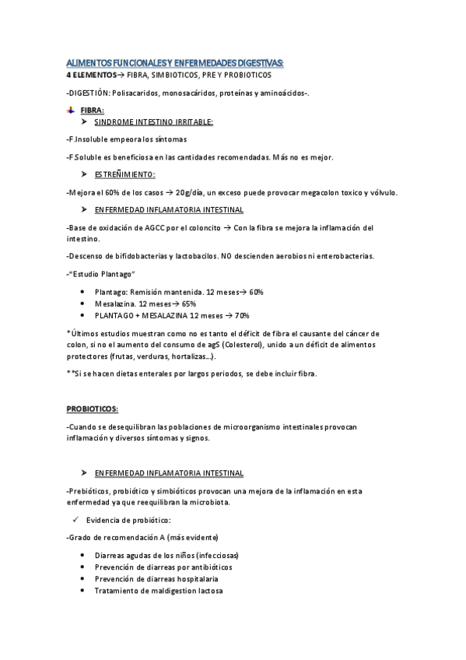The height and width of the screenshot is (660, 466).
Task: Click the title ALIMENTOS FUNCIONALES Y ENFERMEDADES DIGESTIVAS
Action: [175, 62]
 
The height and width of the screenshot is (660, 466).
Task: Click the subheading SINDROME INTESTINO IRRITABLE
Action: [153, 122]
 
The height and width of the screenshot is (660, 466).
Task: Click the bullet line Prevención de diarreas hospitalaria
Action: [156, 579]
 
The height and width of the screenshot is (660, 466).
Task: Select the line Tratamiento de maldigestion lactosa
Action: [158, 591]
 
